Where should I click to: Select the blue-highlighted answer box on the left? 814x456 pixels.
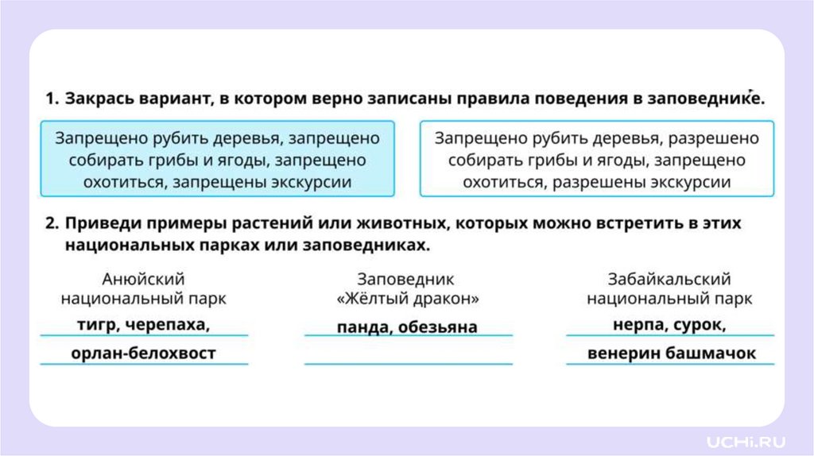click(x=217, y=160)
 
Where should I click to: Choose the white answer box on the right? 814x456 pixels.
click(x=596, y=160)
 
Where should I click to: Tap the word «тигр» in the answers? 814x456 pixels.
click(x=97, y=325)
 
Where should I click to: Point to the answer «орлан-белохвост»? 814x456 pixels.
click(x=143, y=354)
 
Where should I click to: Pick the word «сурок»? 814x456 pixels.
click(x=700, y=325)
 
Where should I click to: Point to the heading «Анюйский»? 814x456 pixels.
click(x=144, y=280)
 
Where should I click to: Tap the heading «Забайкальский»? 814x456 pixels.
click(x=669, y=280)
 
